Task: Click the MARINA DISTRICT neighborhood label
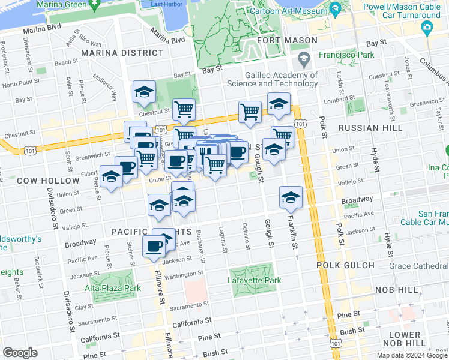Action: coord(126,53)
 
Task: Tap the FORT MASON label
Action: coord(287,40)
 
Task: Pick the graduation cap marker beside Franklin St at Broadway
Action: coord(291,197)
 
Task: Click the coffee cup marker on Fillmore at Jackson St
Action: coord(154,246)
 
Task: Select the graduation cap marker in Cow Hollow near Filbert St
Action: coord(111,177)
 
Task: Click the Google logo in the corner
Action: coord(20,353)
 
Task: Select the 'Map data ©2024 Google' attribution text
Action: coord(411,355)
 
